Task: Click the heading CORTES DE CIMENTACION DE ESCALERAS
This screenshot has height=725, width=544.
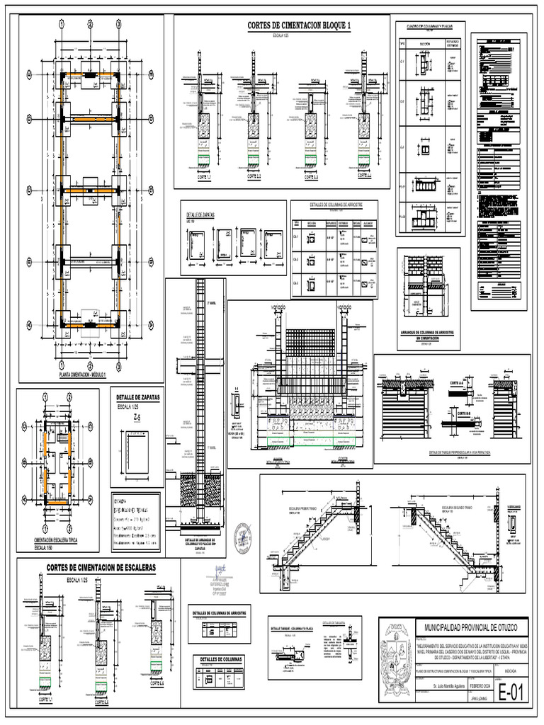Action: (x=101, y=568)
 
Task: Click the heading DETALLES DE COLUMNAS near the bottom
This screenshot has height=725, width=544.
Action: (x=222, y=659)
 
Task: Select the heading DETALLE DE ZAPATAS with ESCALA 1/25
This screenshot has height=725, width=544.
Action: (x=137, y=398)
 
